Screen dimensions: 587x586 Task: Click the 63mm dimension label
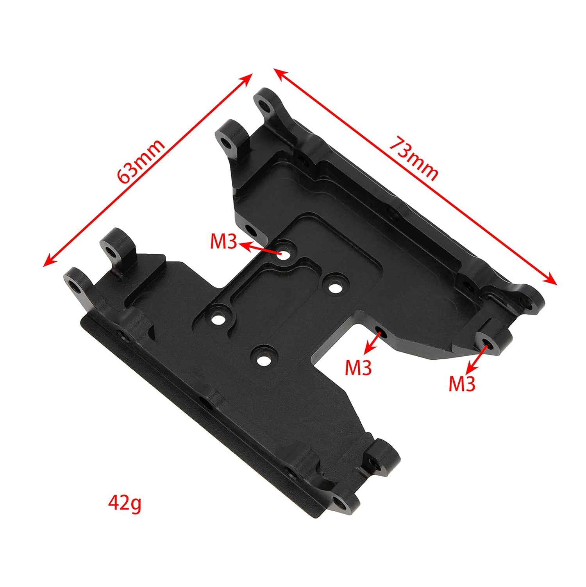pos(141,161)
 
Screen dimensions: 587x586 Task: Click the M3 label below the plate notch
pos(358,368)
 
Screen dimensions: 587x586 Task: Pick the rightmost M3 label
pos(461,384)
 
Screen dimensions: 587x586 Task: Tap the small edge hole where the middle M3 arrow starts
pos(379,332)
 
